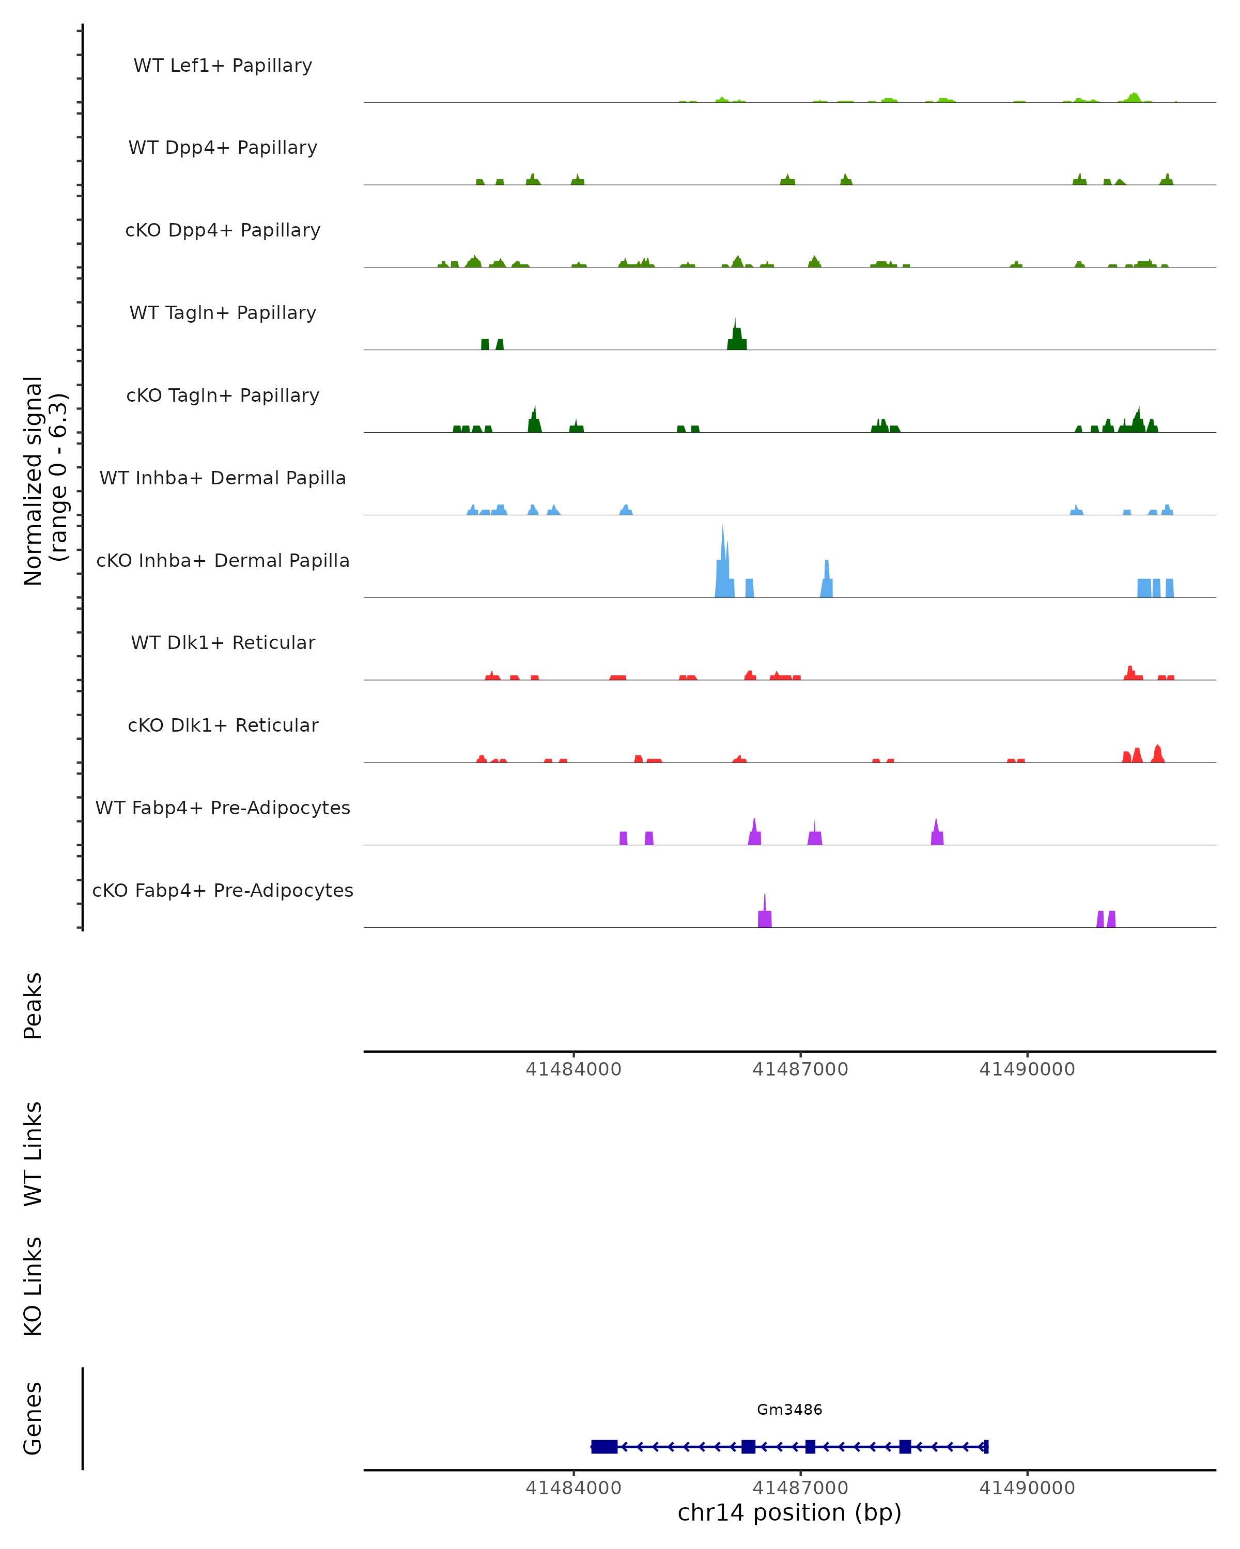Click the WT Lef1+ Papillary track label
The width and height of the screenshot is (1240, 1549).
(223, 66)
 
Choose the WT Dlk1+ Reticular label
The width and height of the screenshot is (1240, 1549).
(223, 642)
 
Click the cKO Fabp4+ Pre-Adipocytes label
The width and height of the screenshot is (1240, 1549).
(223, 890)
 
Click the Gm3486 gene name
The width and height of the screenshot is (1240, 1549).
(789, 1410)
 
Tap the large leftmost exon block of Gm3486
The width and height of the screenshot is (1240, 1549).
(604, 1446)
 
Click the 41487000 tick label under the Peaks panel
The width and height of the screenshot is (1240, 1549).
(800, 1069)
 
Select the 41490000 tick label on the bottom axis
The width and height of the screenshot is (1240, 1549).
(1027, 1488)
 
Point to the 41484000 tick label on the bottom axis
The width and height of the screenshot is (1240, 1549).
(573, 1488)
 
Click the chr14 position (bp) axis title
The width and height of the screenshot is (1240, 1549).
(789, 1512)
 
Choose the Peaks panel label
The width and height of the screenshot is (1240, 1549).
(33, 1006)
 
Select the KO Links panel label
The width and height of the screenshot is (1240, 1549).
(33, 1286)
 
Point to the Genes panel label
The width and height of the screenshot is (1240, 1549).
(33, 1418)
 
